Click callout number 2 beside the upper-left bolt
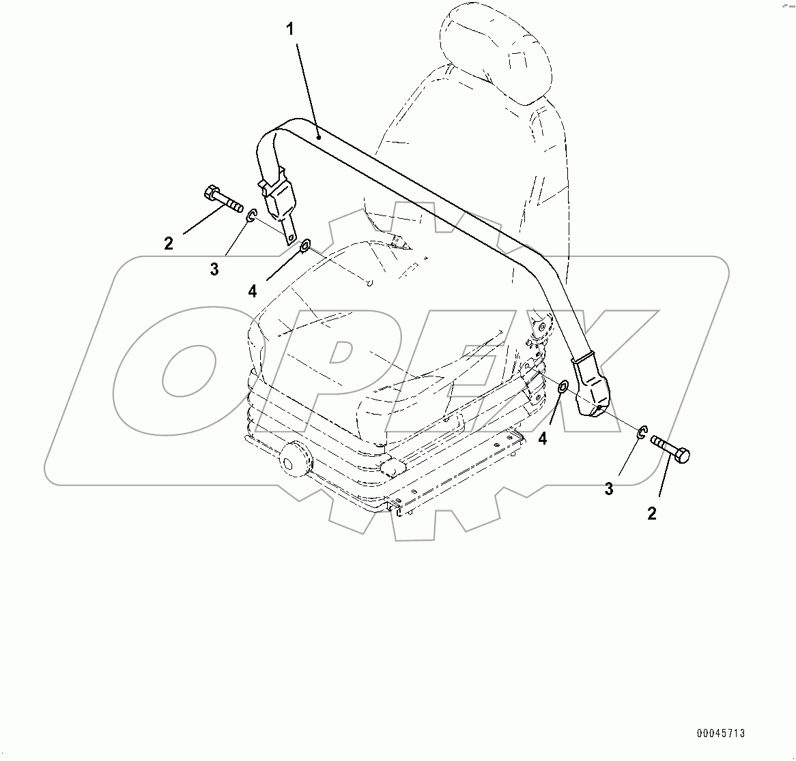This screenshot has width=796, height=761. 169,243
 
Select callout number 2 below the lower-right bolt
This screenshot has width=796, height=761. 651,514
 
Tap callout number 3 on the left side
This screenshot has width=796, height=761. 214,269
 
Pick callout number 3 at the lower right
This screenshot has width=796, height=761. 609,489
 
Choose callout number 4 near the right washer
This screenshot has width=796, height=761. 542,439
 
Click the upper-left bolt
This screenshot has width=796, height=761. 222,198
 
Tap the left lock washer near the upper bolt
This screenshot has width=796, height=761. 251,217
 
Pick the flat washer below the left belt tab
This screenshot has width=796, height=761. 304,243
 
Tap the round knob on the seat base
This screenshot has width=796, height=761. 295,458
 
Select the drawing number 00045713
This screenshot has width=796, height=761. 720,734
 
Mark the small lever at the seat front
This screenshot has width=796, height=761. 394,468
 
